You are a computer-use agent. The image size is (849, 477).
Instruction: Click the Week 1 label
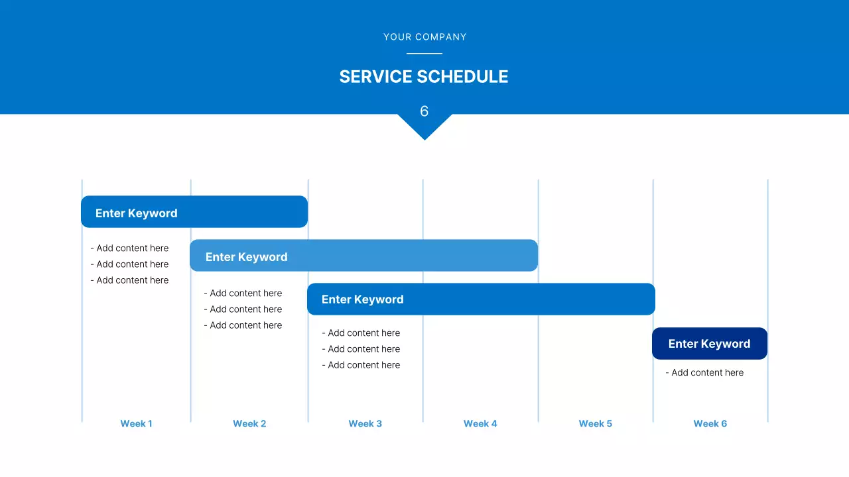(136, 423)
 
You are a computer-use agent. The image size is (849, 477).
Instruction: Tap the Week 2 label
(249, 423)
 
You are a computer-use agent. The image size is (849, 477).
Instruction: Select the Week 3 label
(365, 423)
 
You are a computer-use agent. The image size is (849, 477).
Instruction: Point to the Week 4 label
(480, 423)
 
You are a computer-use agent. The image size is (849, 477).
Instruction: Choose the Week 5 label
(595, 423)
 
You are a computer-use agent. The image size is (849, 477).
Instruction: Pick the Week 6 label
(710, 423)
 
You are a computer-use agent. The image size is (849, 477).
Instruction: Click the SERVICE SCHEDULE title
(424, 77)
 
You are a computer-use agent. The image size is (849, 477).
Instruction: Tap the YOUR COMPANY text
(424, 37)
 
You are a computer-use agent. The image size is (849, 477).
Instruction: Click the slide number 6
(424, 111)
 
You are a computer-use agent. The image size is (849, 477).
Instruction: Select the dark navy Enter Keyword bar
(710, 343)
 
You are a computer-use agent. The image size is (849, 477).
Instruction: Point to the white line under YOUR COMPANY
(424, 54)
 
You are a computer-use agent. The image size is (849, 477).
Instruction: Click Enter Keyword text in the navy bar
(709, 343)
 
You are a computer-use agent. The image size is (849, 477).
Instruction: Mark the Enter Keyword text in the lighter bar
(246, 257)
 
